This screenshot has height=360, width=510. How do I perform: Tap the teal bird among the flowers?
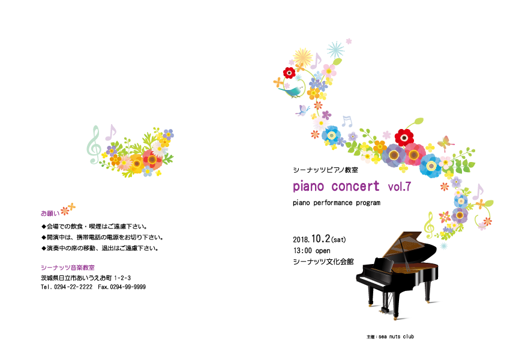pyautogui.click(x=292, y=91)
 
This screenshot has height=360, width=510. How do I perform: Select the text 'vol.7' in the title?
pyautogui.click(x=400, y=187)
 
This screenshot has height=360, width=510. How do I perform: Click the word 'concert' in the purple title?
pyautogui.click(x=356, y=187)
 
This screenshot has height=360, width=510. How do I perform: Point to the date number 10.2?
pyautogui.click(x=321, y=238)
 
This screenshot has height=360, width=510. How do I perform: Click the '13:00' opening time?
pyautogui.click(x=302, y=251)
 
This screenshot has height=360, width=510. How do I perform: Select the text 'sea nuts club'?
pyautogui.click(x=396, y=337)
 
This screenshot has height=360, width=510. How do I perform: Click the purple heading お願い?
pyautogui.click(x=50, y=214)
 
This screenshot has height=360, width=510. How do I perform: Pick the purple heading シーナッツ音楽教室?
pyautogui.click(x=68, y=268)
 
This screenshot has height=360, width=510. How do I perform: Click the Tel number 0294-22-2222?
pyautogui.click(x=73, y=287)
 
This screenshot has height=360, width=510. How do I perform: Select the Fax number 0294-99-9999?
pyautogui.click(x=128, y=287)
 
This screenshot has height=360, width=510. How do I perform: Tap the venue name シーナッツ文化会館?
pyautogui.click(x=323, y=262)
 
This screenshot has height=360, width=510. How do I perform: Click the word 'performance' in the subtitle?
pyautogui.click(x=333, y=203)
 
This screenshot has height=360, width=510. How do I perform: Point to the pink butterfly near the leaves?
pyautogui.click(x=446, y=143)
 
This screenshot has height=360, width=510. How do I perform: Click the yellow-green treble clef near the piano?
pyautogui.click(x=429, y=225)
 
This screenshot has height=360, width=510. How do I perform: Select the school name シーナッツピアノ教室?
pyautogui.click(x=326, y=170)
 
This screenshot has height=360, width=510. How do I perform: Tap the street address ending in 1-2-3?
pyautogui.click(x=86, y=278)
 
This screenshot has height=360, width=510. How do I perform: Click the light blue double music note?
pyautogui.click(x=347, y=121)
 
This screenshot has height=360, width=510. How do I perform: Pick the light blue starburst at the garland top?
pyautogui.click(x=335, y=50)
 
